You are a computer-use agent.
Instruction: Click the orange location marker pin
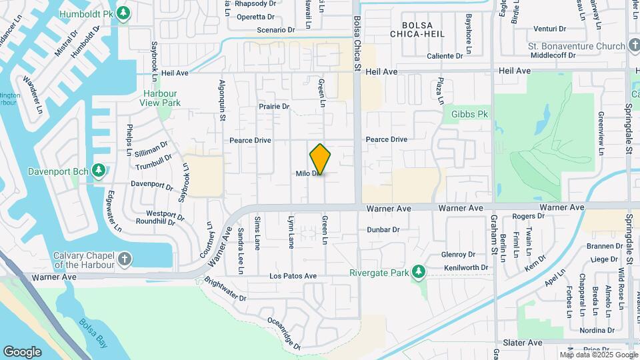pos(320,159)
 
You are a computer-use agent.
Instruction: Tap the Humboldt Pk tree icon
pos(124,13)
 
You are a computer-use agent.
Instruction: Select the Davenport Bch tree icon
pos(99,171)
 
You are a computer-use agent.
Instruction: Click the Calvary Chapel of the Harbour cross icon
pos(125,259)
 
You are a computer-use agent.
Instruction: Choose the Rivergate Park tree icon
pos(418,272)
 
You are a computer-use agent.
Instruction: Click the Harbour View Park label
pos(161,98)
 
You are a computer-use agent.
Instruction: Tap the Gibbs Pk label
pos(470,115)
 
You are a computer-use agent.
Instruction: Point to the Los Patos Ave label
pos(293,276)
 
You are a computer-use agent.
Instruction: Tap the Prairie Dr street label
pos(274,106)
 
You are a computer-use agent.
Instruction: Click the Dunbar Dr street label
pos(383,229)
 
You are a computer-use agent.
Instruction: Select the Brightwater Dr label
pos(226,291)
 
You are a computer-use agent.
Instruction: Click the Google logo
pos(22,351)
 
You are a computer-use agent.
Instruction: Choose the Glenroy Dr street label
pos(457,254)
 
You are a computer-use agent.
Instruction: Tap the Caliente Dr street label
pos(445,56)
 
